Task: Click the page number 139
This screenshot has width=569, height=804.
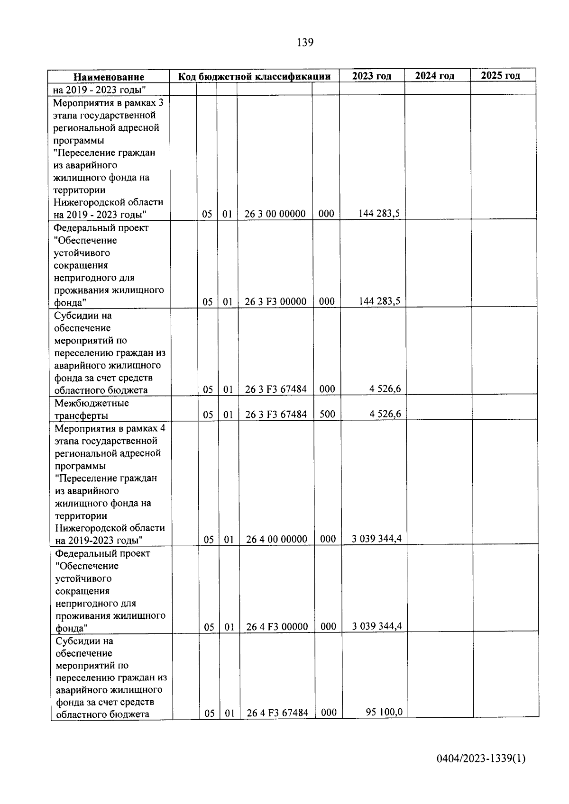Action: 305,43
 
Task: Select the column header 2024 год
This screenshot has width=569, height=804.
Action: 434,76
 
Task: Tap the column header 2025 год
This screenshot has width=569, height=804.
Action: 500,75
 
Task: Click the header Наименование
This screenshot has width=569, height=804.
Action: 109,77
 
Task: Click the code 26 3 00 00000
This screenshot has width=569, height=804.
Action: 275,214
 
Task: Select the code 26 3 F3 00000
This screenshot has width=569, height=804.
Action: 275,301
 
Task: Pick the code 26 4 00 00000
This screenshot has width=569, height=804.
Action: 277,539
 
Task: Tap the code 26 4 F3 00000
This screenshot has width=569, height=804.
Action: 277,627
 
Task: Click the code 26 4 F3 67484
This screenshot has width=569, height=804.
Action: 277,713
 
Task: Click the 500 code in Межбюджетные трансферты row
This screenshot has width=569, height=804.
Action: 327,414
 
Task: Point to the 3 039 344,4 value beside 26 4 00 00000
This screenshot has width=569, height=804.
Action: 377,538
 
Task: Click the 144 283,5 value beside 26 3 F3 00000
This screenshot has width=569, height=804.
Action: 379,300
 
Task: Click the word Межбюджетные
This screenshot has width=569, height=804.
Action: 92,403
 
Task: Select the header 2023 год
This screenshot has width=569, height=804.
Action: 372,76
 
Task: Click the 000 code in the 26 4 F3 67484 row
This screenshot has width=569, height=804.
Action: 329,712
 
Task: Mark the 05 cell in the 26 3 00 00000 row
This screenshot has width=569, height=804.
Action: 207,214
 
